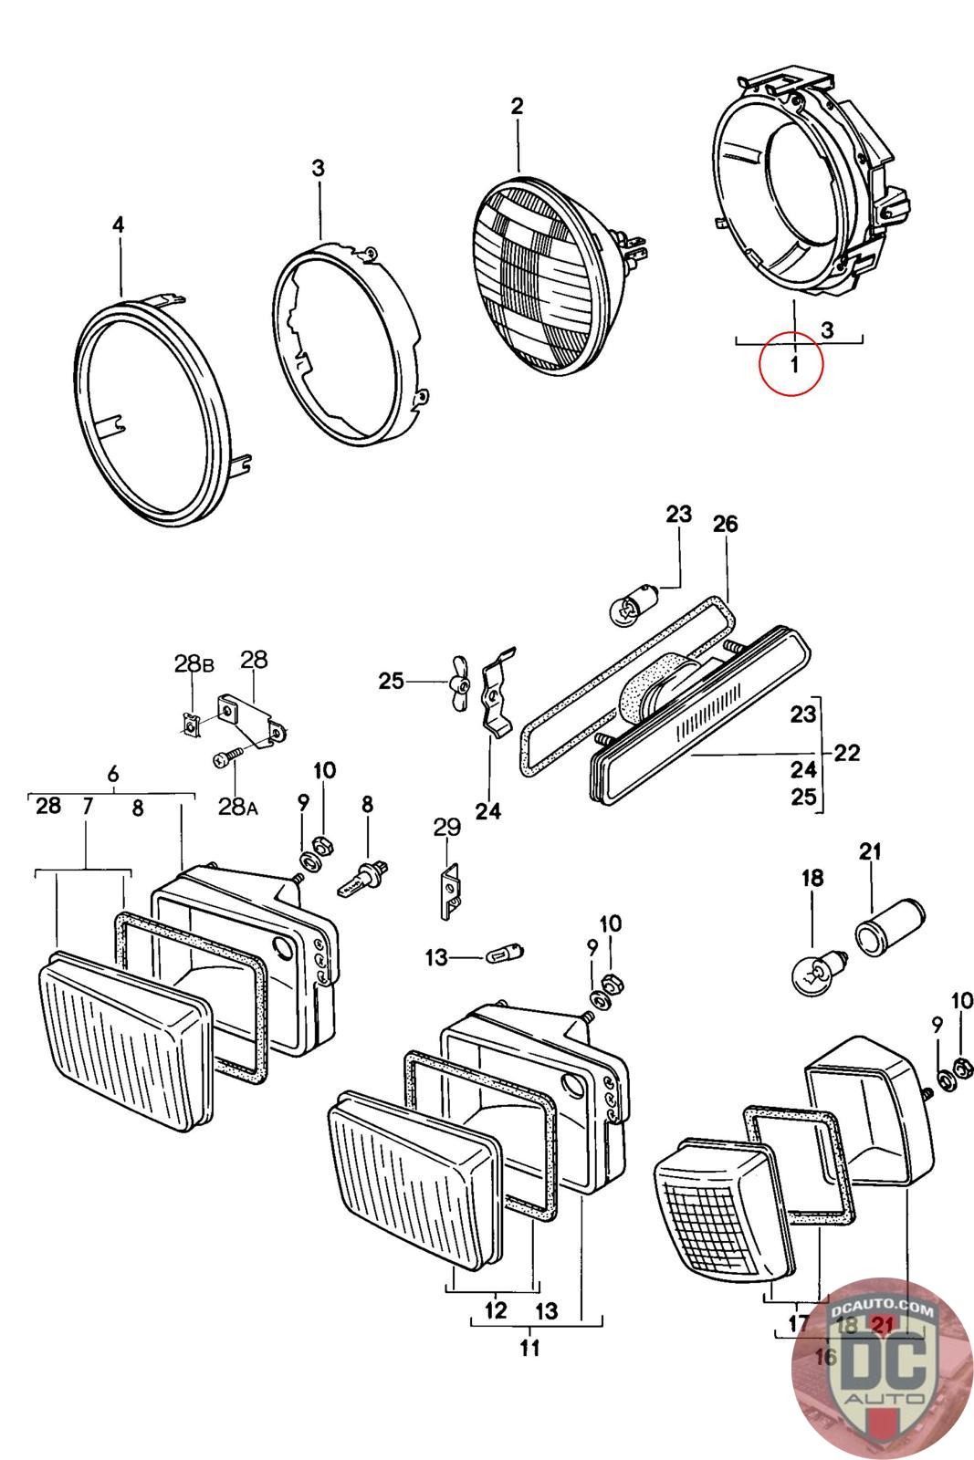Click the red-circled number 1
[793, 365]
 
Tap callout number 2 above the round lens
[518, 106]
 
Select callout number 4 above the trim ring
[118, 224]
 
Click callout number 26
[726, 524]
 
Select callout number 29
[446, 828]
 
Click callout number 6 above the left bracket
[112, 774]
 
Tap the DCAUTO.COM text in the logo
[883, 1312]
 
